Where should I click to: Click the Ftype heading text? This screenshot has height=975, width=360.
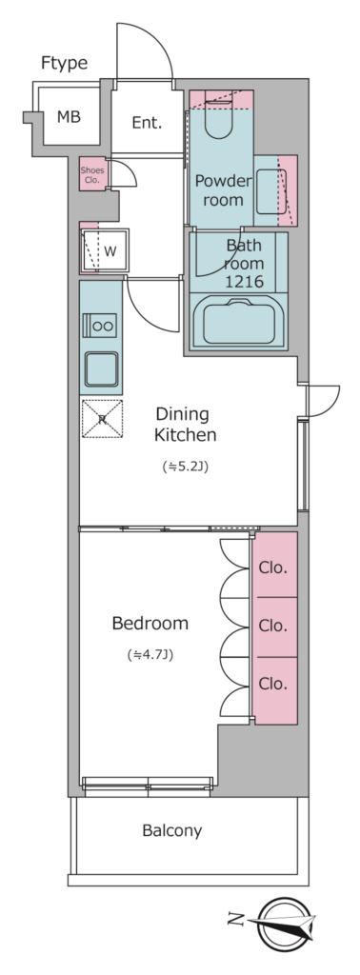64,63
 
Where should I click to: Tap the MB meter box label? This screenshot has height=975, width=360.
69,117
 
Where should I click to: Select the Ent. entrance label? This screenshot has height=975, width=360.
147,123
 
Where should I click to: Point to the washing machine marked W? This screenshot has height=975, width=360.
105,251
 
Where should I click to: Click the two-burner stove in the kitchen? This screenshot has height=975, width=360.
99,326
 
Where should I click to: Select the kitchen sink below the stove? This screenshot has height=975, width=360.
101,368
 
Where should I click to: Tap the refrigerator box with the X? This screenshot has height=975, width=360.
102,419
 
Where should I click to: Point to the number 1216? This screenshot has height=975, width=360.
245,282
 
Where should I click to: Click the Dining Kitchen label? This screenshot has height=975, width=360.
186,425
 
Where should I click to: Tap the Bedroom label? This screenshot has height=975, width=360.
150,623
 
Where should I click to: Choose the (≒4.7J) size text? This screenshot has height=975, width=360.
150,654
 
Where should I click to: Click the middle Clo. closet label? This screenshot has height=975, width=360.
273,625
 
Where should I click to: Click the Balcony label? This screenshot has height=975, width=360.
171,830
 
